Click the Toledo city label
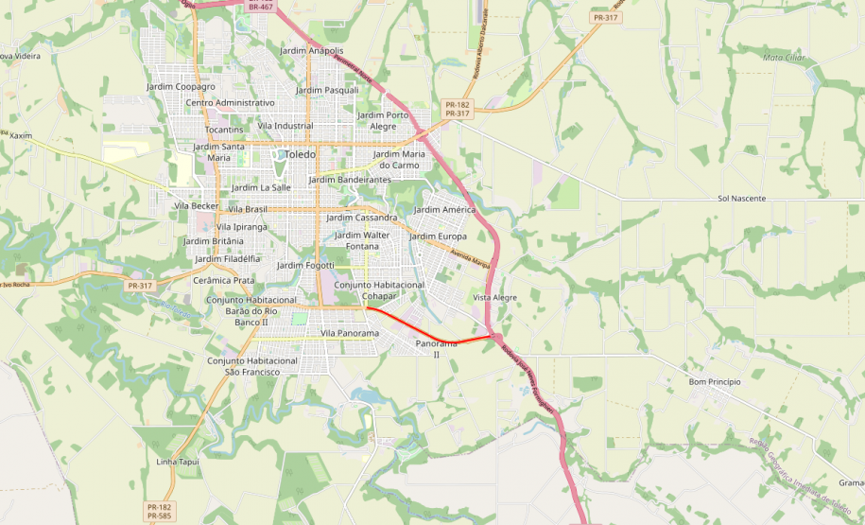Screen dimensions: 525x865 point(301,154)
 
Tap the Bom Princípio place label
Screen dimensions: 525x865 point(714,381)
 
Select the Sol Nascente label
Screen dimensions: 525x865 point(741,199)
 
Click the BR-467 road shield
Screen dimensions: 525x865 point(260,7)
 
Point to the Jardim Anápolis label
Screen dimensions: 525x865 point(312,50)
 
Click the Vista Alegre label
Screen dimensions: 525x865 point(494,297)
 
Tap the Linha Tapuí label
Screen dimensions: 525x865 point(178,462)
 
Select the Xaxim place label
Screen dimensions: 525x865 point(20,135)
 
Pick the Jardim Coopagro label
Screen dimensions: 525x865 point(181,86)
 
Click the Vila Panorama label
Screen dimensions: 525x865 point(349,333)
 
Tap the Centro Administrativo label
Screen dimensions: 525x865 point(230,102)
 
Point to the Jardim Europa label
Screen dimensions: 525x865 point(438,236)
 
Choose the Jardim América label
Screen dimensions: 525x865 point(444,209)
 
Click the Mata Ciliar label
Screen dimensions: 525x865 point(783,57)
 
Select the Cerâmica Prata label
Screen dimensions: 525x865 point(223,280)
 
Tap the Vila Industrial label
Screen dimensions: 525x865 point(285,125)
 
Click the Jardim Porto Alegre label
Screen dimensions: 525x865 point(383,120)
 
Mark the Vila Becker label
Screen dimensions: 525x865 point(197,205)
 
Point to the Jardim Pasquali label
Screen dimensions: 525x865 point(327,90)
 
